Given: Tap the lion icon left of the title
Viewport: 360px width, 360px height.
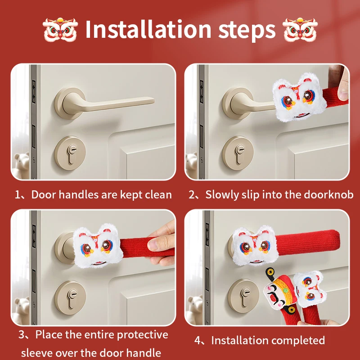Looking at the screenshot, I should click(60, 29).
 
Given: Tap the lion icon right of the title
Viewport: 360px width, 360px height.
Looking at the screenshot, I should click(300, 29).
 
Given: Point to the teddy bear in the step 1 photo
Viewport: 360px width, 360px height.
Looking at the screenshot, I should click(22, 164).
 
